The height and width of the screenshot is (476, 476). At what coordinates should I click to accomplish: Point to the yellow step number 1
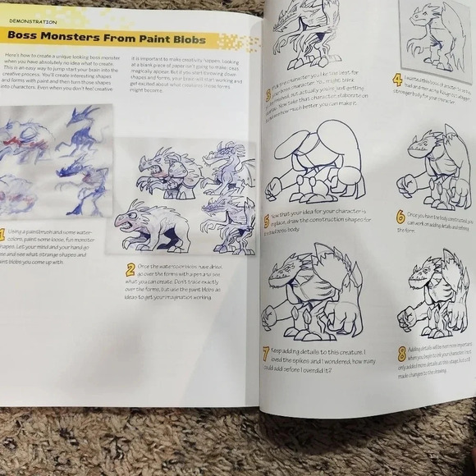pyautogui.click(x=2, y=235)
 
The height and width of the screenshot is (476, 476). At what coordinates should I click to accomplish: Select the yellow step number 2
pyautogui.click(x=130, y=269)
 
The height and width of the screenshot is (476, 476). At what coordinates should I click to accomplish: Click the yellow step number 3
pyautogui.click(x=268, y=95)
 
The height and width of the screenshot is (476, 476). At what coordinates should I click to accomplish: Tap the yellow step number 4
pyautogui.click(x=397, y=80)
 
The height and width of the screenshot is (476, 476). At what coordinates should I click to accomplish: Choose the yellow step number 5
pyautogui.click(x=266, y=221)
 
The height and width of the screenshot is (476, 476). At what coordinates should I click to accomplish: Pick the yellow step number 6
pyautogui.click(x=400, y=217)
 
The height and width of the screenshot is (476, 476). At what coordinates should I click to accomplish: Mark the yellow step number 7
pyautogui.click(x=266, y=354)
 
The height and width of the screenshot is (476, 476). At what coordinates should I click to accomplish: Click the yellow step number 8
pyautogui.click(x=401, y=354)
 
